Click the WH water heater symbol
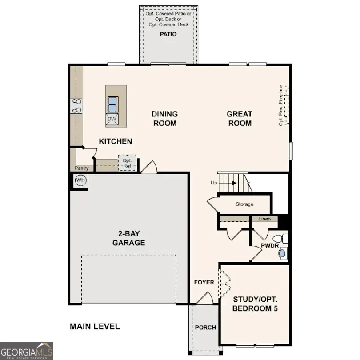pyautogui.click(x=80, y=180)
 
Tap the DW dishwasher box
pyautogui.click(x=112, y=119)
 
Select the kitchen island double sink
pyautogui.click(x=112, y=104)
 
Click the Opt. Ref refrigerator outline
pyautogui.click(x=127, y=163)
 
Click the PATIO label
pyautogui.click(x=168, y=34)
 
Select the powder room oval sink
pyautogui.click(x=283, y=253)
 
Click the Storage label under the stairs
pyautogui.click(x=244, y=204)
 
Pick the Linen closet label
pyautogui.click(x=264, y=219)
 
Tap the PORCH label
pyautogui.click(x=205, y=328)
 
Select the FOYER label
pyautogui.click(x=204, y=282)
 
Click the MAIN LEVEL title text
pyautogui.click(x=95, y=327)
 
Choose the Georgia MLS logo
pyautogui.click(x=27, y=351)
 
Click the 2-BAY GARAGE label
pyautogui.click(x=128, y=239)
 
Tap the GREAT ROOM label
pyautogui.click(x=240, y=119)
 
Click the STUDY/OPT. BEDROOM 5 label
pyautogui.click(x=255, y=304)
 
